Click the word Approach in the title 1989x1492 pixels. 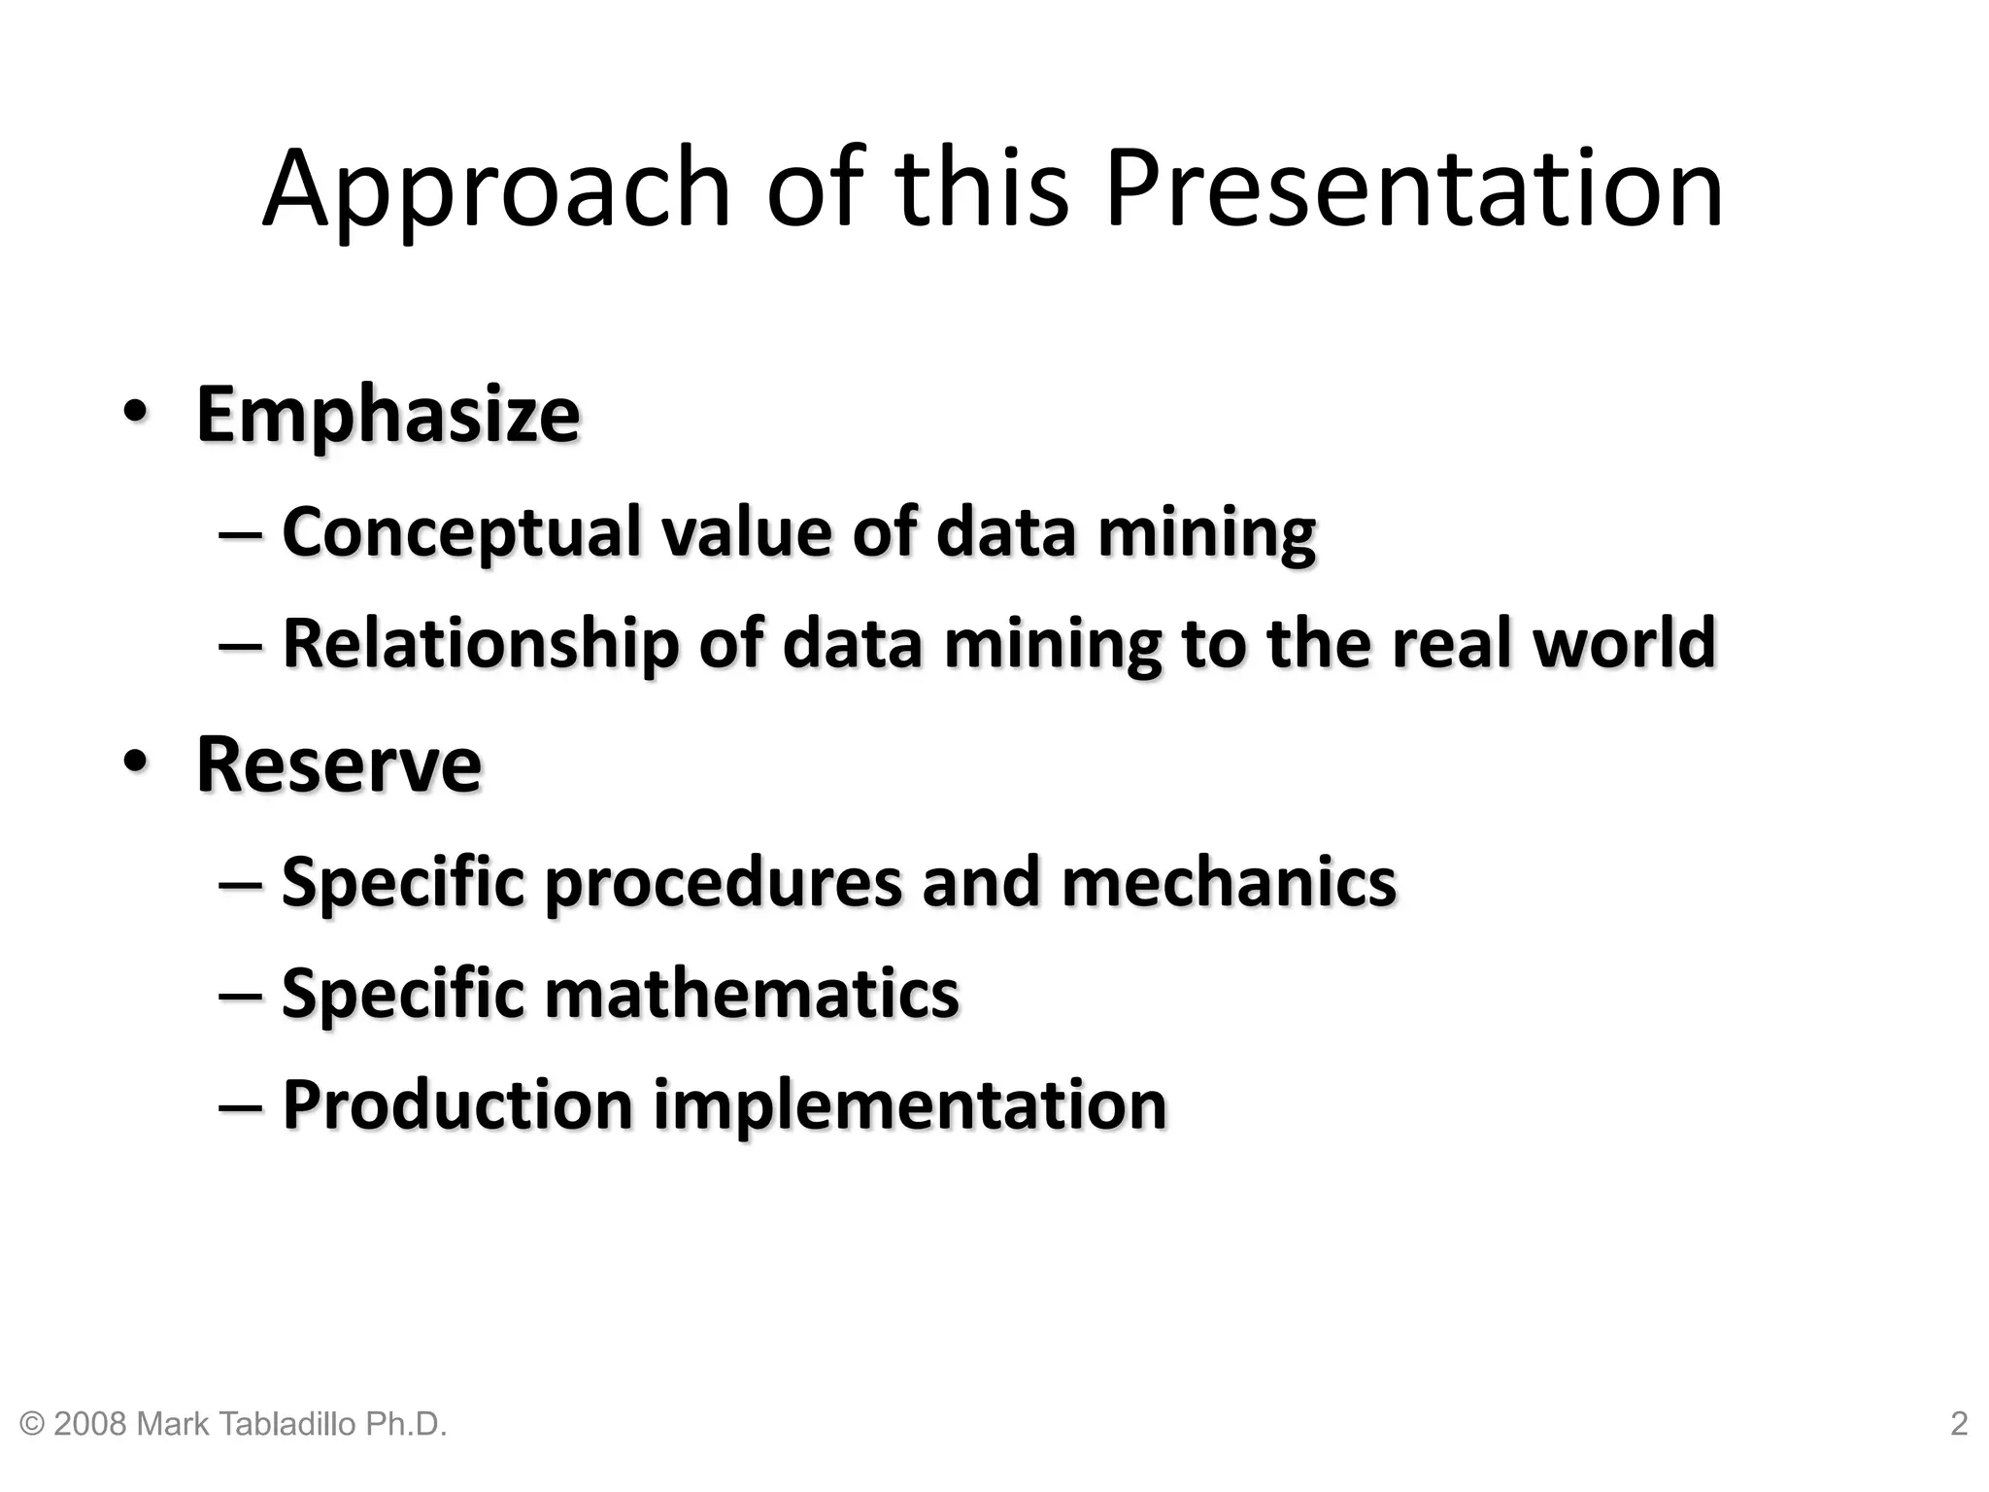coord(495,189)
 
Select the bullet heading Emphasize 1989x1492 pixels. coord(388,415)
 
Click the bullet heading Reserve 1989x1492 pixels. coord(338,764)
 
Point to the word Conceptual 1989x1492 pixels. coord(461,533)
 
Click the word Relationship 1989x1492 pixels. coord(481,644)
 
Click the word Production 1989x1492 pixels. coord(457,1104)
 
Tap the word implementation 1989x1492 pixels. coord(909,1106)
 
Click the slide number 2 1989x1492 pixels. coord(1959,1424)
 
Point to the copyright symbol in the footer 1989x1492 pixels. coord(32,1425)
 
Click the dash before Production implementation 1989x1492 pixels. coord(241,1106)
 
